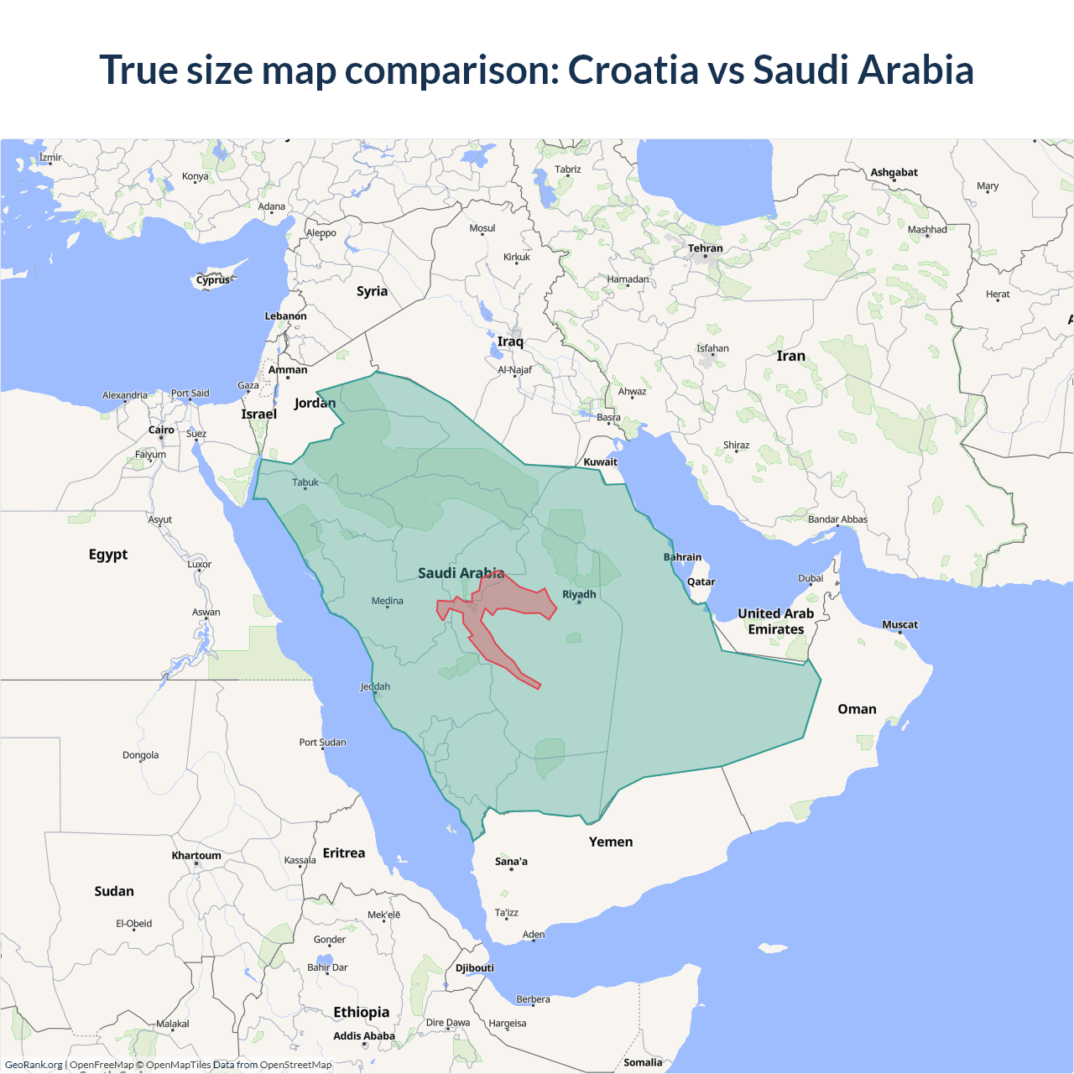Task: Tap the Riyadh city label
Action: tap(579, 594)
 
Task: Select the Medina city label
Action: tap(387, 601)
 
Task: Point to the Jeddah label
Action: tap(375, 686)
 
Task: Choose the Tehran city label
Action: tap(705, 248)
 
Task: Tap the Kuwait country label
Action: tap(600, 462)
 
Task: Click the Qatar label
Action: tap(701, 581)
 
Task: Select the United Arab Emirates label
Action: tap(775, 622)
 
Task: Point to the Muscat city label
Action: tap(899, 624)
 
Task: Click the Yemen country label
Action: tap(610, 842)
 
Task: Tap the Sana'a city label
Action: tap(511, 862)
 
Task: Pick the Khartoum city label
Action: tap(196, 856)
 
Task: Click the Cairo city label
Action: tap(161, 430)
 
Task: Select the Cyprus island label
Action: tap(213, 280)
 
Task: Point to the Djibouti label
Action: tap(475, 967)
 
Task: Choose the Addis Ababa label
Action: tap(363, 1036)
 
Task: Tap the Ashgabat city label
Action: tap(894, 173)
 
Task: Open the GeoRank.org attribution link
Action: tap(34, 1065)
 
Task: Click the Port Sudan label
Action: tap(322, 743)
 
